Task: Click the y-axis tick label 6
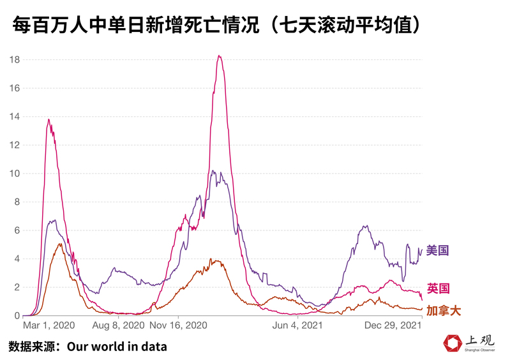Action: [17, 230]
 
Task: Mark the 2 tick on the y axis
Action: [17, 287]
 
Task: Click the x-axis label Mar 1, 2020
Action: [49, 326]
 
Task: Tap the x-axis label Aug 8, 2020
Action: [119, 326]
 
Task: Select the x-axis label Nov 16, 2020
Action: [179, 326]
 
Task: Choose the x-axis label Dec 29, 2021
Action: [393, 326]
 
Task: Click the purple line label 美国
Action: [437, 251]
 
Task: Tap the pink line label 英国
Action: [437, 289]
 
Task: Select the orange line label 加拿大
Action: [443, 311]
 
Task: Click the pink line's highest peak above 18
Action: [219, 56]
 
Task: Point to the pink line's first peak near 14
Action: [49, 119]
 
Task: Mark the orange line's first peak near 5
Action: [59, 244]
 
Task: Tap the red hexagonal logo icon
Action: [453, 343]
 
